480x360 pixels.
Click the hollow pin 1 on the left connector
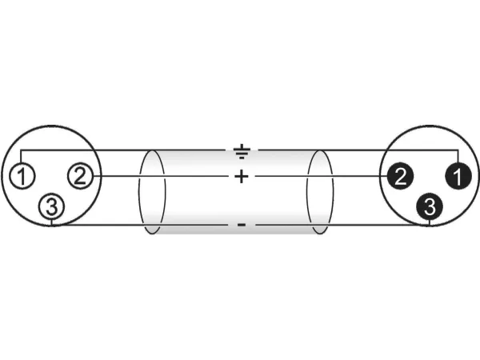(x=22, y=177)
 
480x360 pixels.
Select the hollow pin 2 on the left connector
(x=80, y=176)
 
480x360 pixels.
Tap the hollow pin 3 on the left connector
(x=52, y=206)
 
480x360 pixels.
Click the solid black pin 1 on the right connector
(x=458, y=176)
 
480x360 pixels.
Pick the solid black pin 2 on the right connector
(x=400, y=176)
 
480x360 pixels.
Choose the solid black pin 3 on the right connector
(x=430, y=206)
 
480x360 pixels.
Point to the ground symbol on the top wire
(x=242, y=151)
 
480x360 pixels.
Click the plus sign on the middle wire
(x=242, y=176)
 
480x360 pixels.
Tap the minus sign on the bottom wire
(x=242, y=226)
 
